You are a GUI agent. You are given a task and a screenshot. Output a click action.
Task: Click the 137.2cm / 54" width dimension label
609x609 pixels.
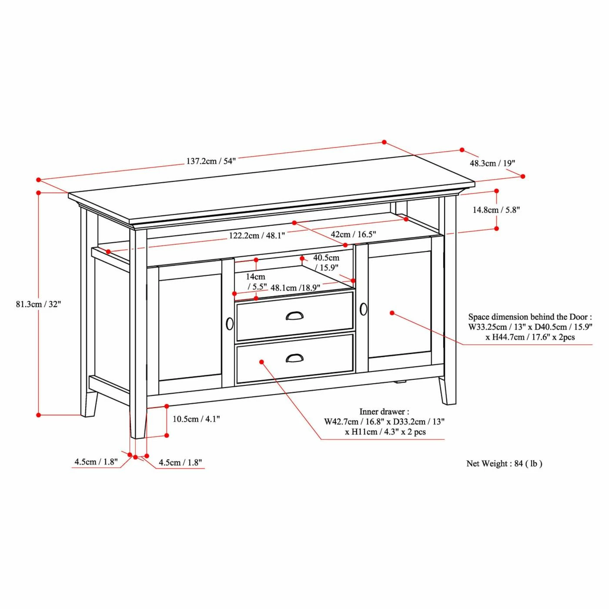pyautogui.click(x=211, y=161)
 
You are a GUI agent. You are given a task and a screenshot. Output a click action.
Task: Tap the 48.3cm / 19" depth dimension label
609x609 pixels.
pyautogui.click(x=492, y=163)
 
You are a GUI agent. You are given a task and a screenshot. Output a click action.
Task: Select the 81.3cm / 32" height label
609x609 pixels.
pyautogui.click(x=39, y=304)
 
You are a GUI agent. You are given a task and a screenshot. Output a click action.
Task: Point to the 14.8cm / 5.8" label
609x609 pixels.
pyautogui.click(x=496, y=210)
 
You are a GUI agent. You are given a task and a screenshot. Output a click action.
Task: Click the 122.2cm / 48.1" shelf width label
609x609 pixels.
pyautogui.click(x=257, y=235)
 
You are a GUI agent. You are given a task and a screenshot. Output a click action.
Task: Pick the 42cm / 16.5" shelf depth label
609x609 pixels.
pyautogui.click(x=353, y=234)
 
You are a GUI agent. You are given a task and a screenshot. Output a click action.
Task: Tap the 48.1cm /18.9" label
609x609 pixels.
pyautogui.click(x=295, y=288)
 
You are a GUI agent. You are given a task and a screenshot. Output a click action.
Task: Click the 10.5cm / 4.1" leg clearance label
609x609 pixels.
pyautogui.click(x=196, y=419)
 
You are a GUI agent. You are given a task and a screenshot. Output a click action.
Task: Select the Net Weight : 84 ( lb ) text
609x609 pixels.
pyautogui.click(x=505, y=463)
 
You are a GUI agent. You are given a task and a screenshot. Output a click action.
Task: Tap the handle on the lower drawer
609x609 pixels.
pyautogui.click(x=294, y=358)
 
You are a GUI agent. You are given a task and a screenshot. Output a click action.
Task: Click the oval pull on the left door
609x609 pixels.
pyautogui.click(x=230, y=324)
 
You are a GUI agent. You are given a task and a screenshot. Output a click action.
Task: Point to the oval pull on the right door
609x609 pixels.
pyautogui.click(x=363, y=309)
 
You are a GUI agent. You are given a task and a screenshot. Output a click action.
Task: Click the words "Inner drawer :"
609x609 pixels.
pyautogui.click(x=384, y=412)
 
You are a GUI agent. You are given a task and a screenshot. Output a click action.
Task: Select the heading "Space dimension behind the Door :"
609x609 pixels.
pyautogui.click(x=530, y=317)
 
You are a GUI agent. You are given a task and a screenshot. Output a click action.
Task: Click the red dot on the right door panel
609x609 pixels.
pyautogui.click(x=392, y=313)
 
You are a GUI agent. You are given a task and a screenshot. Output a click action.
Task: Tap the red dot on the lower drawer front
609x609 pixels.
pyautogui.click(x=262, y=362)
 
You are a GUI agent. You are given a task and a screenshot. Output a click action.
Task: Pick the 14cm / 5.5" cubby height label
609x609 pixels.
pyautogui.click(x=257, y=281)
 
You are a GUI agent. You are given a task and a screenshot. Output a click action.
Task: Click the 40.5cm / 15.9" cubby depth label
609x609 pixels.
pyautogui.click(x=326, y=263)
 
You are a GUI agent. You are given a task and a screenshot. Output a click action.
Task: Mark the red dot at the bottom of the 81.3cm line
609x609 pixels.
pyautogui.click(x=39, y=415)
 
